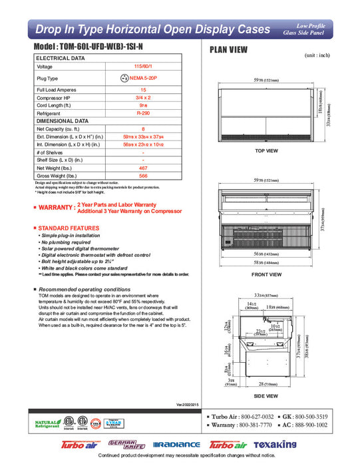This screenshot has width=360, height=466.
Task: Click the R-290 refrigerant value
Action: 143,113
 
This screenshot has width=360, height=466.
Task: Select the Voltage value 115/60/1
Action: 143,67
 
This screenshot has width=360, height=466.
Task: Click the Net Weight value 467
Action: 143,169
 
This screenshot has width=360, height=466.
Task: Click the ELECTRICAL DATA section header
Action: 61,59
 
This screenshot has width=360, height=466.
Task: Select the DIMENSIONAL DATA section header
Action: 63,121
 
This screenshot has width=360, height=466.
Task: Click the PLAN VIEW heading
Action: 230,49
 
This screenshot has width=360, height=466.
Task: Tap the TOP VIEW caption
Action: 266,151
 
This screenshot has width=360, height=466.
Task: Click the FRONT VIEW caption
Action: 266,274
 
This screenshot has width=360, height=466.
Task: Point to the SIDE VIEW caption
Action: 266,395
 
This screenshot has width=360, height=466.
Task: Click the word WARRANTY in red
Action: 56,208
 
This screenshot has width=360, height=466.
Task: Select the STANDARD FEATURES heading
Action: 70,228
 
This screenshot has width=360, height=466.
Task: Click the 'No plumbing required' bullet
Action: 70,242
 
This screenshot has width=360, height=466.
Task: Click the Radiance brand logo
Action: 176,445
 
